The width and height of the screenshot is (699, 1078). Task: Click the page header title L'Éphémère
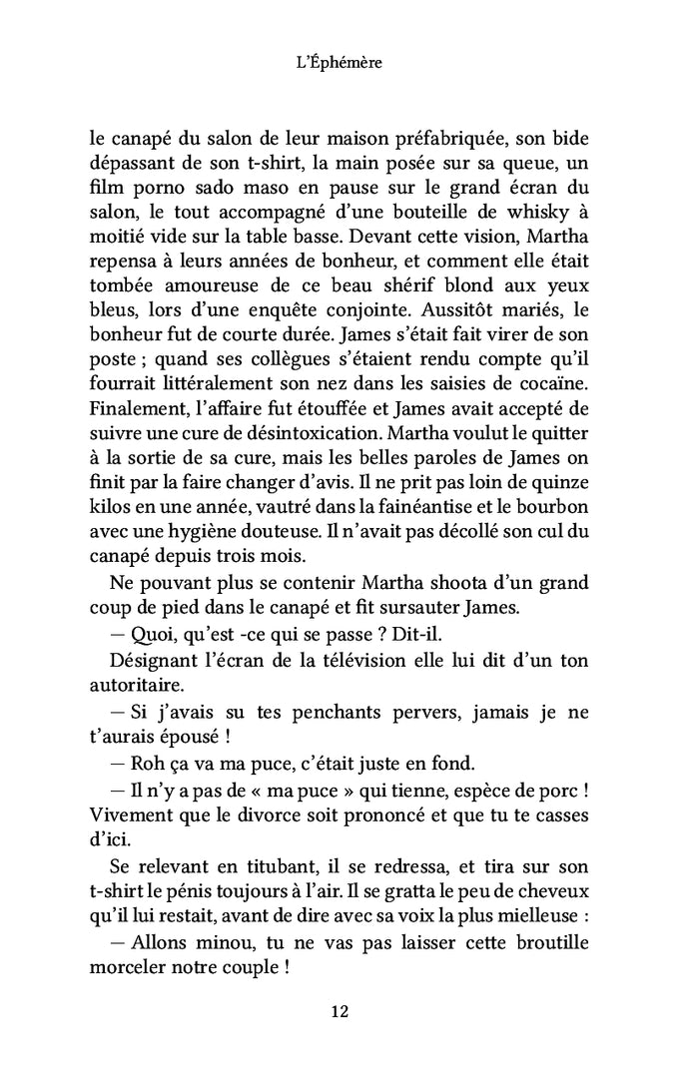[341, 63]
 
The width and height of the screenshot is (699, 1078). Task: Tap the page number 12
[340, 1012]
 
